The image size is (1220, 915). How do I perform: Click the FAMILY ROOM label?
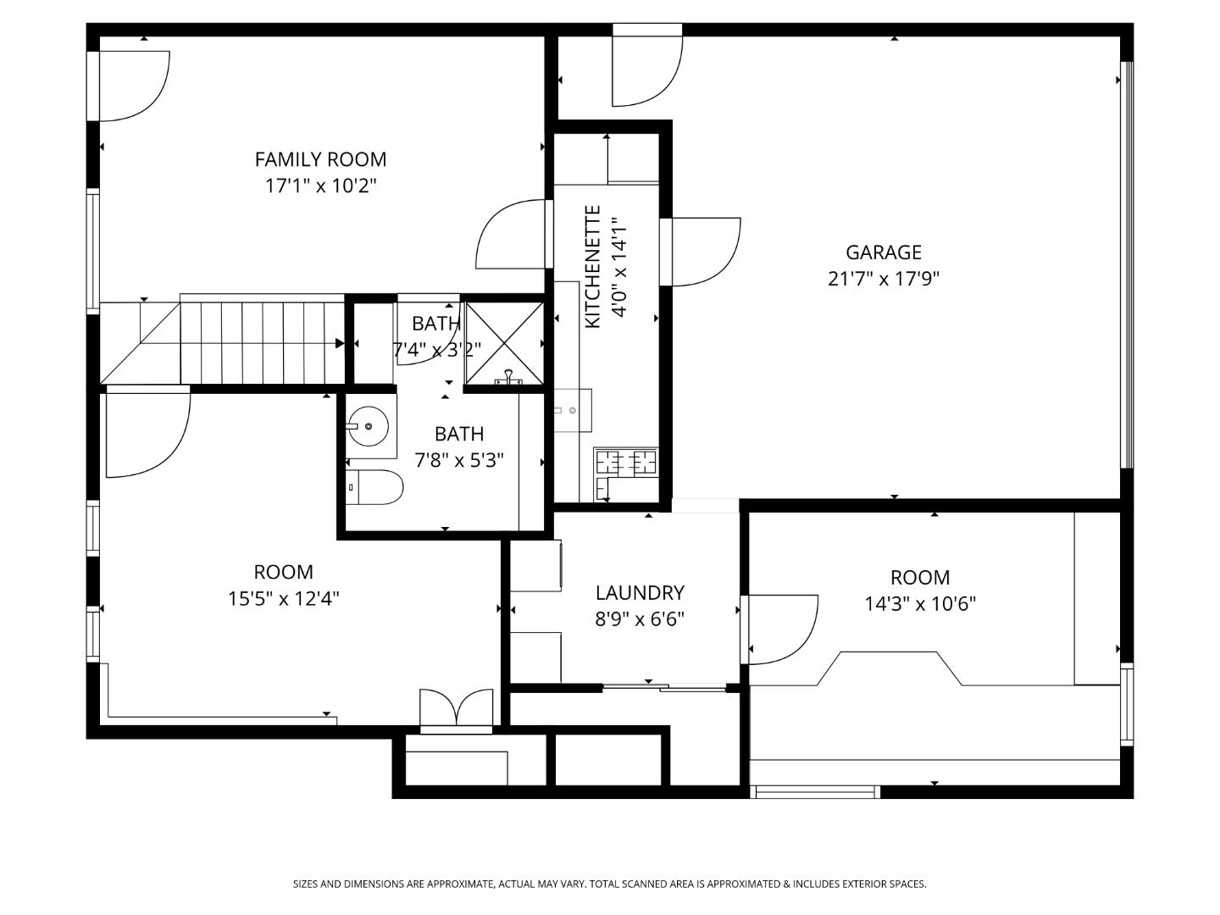click(320, 159)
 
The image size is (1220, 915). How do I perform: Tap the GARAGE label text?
click(883, 252)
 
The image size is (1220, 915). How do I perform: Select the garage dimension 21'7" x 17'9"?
click(883, 279)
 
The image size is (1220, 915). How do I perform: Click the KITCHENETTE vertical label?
click(593, 267)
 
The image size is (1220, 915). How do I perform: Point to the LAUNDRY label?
click(640, 593)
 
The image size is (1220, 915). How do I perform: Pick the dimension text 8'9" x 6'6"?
click(640, 619)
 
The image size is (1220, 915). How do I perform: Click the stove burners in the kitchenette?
click(627, 462)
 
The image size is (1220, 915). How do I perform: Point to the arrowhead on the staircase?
click(340, 343)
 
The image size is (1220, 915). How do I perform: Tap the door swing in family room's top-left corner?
click(134, 85)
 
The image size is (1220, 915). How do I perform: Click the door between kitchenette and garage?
click(703, 252)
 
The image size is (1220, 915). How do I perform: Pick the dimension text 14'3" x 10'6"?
click(920, 604)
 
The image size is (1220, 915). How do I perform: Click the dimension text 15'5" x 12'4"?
click(283, 599)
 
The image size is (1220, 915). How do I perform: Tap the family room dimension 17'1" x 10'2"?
click(320, 186)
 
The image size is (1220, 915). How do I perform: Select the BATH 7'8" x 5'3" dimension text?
click(458, 460)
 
